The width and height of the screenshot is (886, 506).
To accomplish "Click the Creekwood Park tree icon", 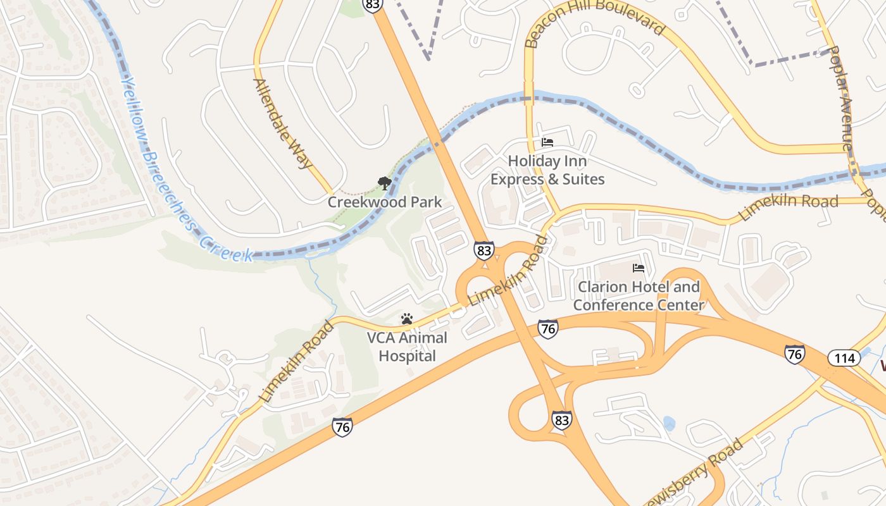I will coord(384,184).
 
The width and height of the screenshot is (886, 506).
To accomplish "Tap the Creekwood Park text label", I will coord(384,202).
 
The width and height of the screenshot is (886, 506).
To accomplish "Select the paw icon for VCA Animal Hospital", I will coord(407,319).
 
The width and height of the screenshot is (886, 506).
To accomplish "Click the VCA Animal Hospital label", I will coord(407,347).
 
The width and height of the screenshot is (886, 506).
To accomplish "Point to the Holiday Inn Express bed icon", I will coord(547,142).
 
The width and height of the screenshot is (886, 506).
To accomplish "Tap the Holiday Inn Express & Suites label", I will coord(547,171).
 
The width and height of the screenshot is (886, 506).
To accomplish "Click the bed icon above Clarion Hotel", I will coord(639,268).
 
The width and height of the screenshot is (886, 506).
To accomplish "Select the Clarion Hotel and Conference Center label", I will coord(639,296).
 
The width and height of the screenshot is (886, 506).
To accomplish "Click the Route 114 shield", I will coord(844,359).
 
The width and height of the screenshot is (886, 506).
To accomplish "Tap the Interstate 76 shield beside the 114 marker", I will coord(795,354).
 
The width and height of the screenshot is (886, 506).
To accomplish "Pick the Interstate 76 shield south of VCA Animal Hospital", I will coord(342,428).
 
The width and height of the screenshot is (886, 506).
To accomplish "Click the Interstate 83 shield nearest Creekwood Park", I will coord(484,250).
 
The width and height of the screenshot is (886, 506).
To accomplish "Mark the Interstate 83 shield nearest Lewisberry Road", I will coord(561,420).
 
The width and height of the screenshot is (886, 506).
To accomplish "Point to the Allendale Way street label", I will coord(283,123).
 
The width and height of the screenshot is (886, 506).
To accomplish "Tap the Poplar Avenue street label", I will coord(840,98).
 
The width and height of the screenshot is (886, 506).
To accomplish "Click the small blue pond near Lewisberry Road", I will coord(668,423).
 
